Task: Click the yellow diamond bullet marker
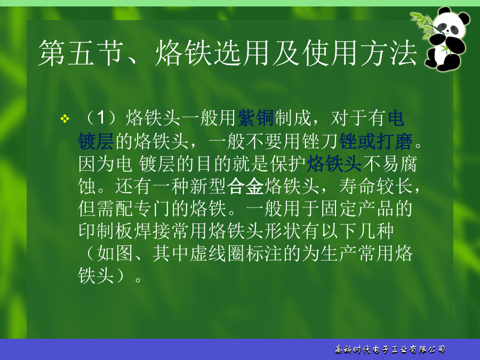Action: coord(65,118)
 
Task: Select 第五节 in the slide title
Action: coord(81,53)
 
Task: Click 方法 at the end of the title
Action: coord(389,53)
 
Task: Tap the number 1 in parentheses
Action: coord(101,118)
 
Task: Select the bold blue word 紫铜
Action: coord(255,118)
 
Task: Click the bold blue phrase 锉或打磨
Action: coord(376,141)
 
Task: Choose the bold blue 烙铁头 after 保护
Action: coord(334,164)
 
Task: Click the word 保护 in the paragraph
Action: coord(288,164)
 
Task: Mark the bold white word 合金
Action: coord(245,186)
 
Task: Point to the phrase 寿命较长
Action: coord(376,186)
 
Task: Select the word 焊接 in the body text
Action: coord(152,231)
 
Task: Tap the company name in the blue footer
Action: coord(390,349)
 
